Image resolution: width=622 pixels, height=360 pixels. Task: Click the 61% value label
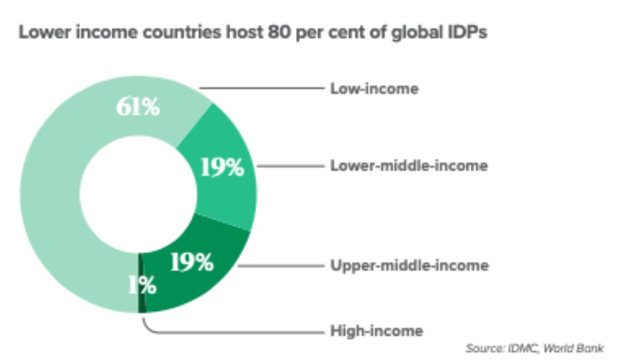tap(138, 107)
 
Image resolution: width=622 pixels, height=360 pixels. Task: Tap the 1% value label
tap(143, 286)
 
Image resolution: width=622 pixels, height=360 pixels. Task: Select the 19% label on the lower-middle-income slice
tap(221, 167)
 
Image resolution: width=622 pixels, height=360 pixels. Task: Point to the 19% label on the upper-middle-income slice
tap(192, 263)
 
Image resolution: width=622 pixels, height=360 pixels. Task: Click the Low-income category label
tap(374, 89)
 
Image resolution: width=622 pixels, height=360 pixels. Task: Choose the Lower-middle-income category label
tap(408, 166)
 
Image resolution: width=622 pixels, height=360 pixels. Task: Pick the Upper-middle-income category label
tap(409, 266)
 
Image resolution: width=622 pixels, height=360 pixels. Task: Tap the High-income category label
tap(376, 330)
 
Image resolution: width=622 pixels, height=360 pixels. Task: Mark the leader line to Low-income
tap(264, 89)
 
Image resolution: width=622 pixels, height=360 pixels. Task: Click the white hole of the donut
tap(138, 195)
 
